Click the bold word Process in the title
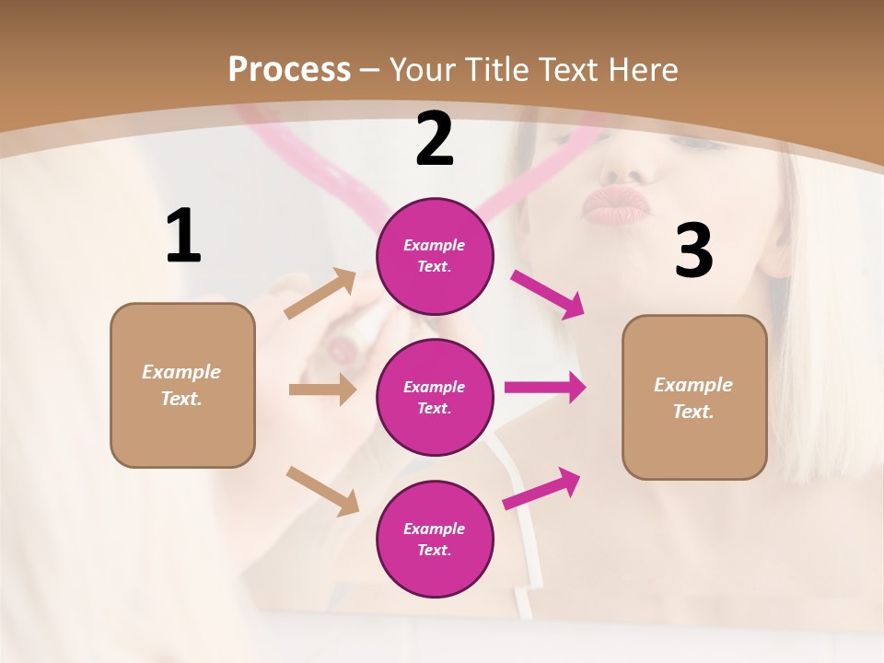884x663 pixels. coord(289,70)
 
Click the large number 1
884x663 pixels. coord(183,237)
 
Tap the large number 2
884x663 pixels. coord(435,139)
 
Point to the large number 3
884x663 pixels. coord(693,250)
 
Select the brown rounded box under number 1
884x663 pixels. coord(182,385)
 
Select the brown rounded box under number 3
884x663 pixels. coord(694,397)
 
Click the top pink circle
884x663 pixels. coord(435,256)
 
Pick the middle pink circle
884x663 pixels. coord(435,397)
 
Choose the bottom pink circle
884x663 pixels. coord(435,539)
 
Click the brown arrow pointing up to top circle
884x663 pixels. coord(320,294)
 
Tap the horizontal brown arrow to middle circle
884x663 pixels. coord(322,390)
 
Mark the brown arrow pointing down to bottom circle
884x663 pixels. coord(322,490)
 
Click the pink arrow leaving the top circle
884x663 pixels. coord(548,294)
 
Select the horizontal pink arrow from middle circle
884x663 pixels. coord(545,387)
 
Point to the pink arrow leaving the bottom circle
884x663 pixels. coord(541,489)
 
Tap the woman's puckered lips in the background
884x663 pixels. coord(615,207)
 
